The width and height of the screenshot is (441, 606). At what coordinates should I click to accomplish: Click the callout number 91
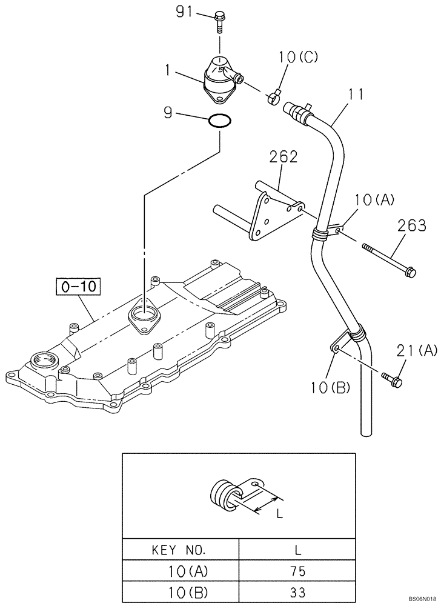tap(187, 12)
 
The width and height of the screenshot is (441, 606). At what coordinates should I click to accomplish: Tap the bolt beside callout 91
tap(219, 22)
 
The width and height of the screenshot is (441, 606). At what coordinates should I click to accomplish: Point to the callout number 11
tap(357, 95)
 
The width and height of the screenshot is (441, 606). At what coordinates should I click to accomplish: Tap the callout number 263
tap(411, 226)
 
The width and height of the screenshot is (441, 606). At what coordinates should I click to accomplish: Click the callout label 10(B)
tap(330, 387)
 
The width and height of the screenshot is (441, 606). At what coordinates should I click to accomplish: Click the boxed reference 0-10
tap(79, 286)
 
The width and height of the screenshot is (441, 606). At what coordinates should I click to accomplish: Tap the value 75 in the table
tap(297, 571)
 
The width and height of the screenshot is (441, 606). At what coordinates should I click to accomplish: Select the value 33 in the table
tap(297, 592)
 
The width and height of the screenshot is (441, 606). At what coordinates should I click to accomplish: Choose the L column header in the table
tap(297, 550)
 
